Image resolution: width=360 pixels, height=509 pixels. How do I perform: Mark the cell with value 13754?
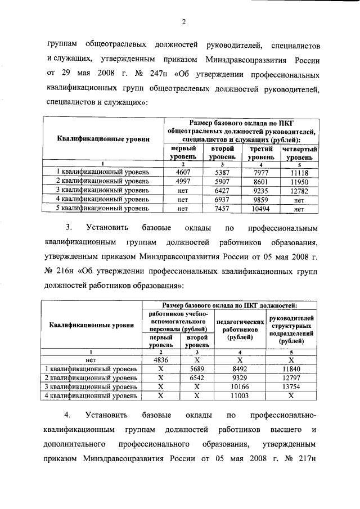pos(291,387)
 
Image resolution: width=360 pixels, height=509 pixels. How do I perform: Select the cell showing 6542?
pos(197,377)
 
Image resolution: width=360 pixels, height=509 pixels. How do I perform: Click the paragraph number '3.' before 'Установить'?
pos(69,229)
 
